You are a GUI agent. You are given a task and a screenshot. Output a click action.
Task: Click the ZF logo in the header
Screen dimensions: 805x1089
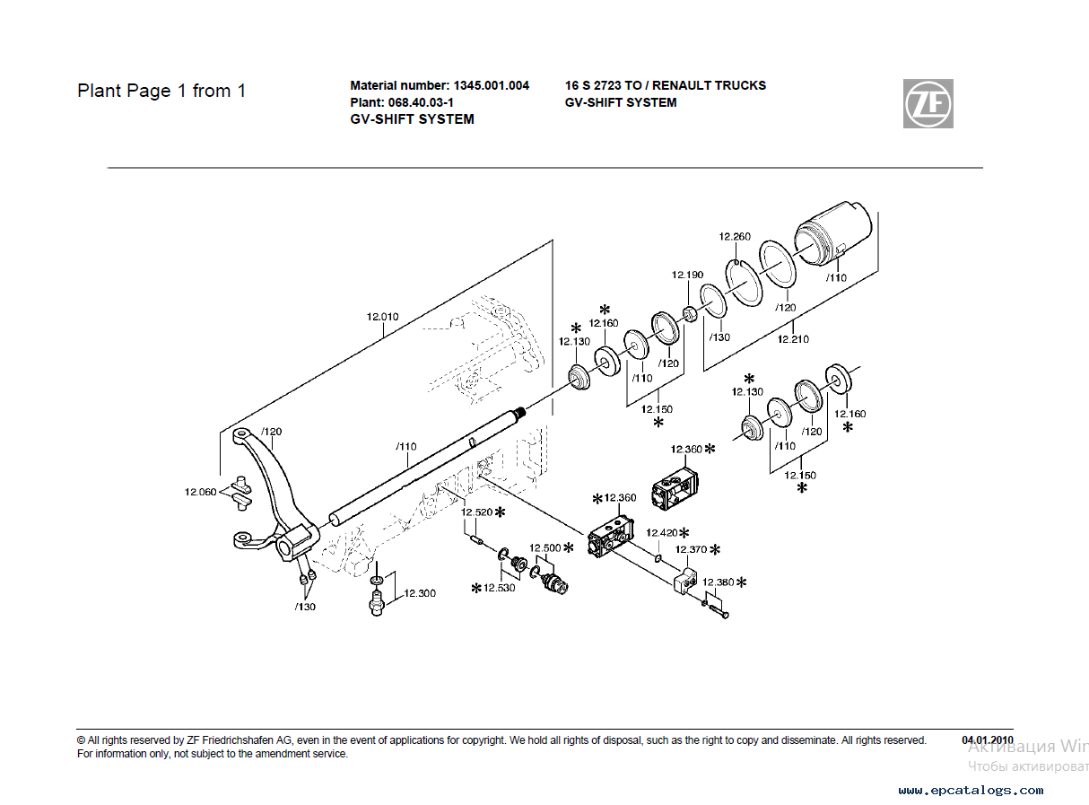(x=928, y=103)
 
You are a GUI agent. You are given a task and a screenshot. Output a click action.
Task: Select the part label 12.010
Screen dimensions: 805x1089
(x=382, y=316)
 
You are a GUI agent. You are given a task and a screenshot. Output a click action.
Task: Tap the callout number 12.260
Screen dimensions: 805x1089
(x=735, y=237)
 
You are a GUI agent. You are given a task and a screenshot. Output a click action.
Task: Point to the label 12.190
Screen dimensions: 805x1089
(x=688, y=275)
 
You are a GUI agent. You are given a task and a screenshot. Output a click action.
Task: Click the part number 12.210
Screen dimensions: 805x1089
(x=793, y=339)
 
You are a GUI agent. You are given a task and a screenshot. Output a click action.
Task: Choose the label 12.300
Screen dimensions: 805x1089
(x=419, y=593)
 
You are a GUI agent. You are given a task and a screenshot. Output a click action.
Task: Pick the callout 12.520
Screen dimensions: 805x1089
(x=477, y=512)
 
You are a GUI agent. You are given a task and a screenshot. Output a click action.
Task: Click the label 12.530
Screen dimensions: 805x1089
(x=500, y=588)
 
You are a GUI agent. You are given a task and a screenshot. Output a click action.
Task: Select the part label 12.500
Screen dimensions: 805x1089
(x=544, y=547)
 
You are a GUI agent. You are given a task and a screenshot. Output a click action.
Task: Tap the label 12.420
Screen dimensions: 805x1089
(x=662, y=532)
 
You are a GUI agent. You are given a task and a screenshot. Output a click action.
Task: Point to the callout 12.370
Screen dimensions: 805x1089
(x=692, y=549)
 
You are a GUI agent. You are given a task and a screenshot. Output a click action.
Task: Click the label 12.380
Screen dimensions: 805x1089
(x=718, y=582)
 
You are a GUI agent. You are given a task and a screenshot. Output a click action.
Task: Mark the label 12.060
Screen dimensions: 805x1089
(x=201, y=492)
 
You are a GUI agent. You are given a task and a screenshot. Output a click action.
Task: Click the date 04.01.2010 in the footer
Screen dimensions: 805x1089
(x=988, y=740)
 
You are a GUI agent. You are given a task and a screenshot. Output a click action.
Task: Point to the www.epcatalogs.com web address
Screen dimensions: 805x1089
(x=971, y=791)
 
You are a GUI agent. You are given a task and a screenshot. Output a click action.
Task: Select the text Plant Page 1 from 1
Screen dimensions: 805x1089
(x=161, y=91)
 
